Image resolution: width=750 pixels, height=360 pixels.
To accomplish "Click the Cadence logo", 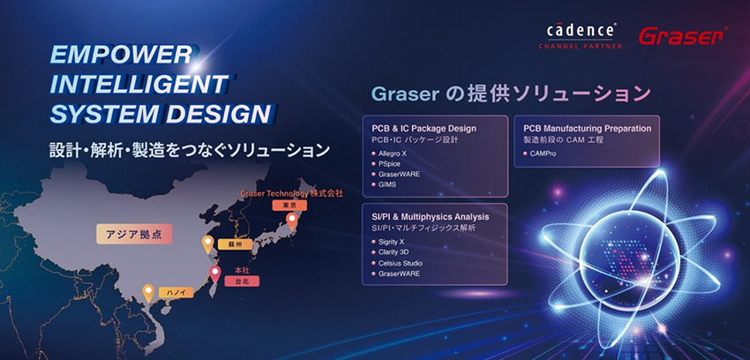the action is point(581,36).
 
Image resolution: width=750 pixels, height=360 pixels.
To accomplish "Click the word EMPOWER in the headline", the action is point(122,55).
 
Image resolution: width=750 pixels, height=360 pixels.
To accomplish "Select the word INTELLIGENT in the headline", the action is point(139,85).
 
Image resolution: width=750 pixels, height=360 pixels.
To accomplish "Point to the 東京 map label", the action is point(289,206).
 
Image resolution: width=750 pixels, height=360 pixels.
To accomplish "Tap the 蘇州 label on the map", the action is point(235,244).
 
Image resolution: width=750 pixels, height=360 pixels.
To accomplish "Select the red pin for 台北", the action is point(215,274).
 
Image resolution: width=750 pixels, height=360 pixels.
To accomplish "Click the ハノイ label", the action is point(176,293).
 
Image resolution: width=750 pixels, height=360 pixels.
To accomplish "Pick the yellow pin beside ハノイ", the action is point(149,293).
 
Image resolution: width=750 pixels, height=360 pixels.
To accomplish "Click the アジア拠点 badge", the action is point(134,234).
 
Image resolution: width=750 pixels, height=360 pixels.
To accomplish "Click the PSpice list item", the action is point(388,164).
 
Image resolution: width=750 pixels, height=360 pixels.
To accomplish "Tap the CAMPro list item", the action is point(539,154).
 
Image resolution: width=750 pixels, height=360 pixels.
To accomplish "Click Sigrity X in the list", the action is point(391,242).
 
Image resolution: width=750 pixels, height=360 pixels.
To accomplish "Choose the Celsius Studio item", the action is point(396,263).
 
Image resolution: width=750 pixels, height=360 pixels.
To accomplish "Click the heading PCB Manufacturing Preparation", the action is point(588,129).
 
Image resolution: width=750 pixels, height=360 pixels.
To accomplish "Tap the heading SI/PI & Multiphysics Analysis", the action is point(431,217).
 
